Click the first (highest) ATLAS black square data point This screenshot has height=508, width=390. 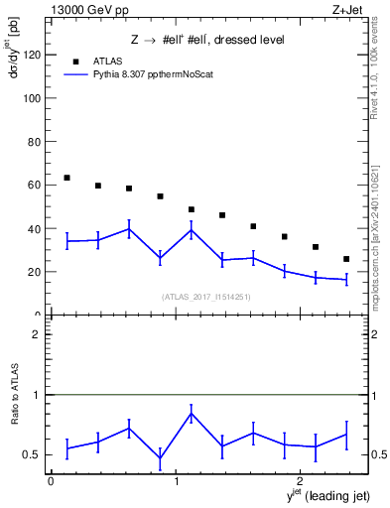coord(66,178)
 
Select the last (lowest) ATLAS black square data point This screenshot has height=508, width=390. coord(346,259)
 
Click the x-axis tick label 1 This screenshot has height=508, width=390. coord(176,480)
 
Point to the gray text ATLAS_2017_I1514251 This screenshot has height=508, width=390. coord(205,296)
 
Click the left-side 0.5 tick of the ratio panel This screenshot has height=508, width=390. coord(36,455)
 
